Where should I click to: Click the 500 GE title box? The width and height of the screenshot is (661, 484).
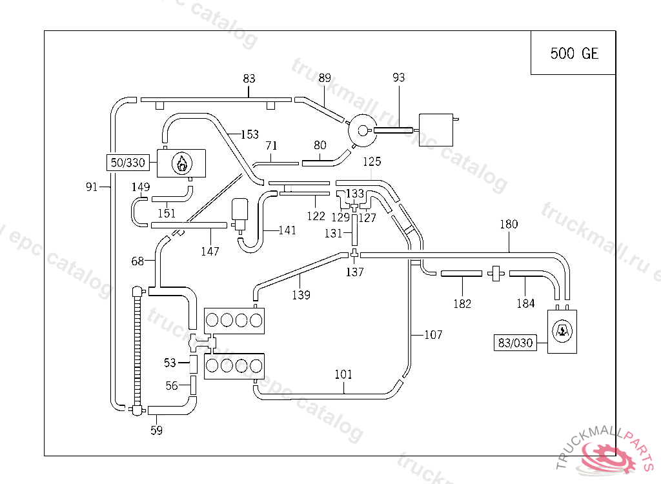pyautogui.click(x=574, y=53)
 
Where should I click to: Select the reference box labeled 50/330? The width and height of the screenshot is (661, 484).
pyautogui.click(x=127, y=163)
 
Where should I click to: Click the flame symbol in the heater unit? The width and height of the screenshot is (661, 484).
pyautogui.click(x=183, y=163)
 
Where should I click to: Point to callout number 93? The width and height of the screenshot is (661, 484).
pyautogui.click(x=398, y=78)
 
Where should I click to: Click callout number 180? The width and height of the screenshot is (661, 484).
pyautogui.click(x=509, y=225)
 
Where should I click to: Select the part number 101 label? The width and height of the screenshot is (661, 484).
pyautogui.click(x=343, y=374)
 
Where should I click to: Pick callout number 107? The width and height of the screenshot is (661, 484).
pyautogui.click(x=433, y=334)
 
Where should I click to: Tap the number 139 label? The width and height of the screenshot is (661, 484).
pyautogui.click(x=301, y=295)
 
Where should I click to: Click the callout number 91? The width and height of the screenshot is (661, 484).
pyautogui.click(x=92, y=187)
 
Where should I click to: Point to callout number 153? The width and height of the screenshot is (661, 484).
pyautogui.click(x=250, y=135)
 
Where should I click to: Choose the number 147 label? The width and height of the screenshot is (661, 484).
pyautogui.click(x=210, y=250)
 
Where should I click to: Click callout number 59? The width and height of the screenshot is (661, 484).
pyautogui.click(x=156, y=430)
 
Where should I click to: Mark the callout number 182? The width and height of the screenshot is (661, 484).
pyautogui.click(x=462, y=303)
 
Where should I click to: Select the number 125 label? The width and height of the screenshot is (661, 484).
pyautogui.click(x=372, y=160)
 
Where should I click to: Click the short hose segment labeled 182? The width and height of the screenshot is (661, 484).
pyautogui.click(x=461, y=274)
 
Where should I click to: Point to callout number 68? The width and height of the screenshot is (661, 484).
pyautogui.click(x=137, y=261)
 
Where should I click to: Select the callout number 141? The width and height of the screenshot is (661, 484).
pyautogui.click(x=287, y=230)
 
